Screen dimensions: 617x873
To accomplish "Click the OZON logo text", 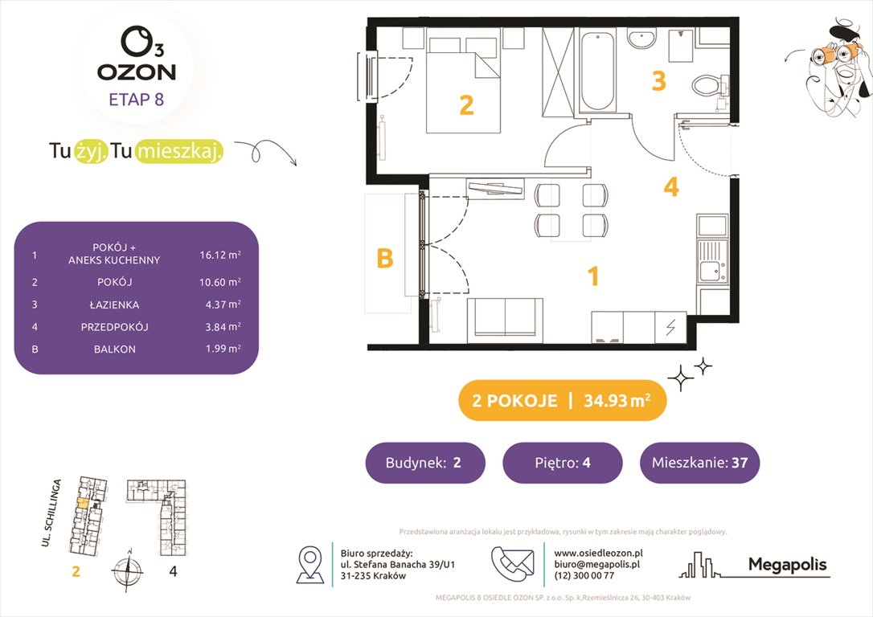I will point(136,72).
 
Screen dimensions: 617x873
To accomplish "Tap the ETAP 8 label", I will point(136,100).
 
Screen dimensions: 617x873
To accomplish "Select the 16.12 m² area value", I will point(220,256).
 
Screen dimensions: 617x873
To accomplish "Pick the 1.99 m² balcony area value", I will point(220,349).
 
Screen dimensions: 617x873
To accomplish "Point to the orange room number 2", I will point(466,105).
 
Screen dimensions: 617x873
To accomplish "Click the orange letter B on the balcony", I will point(385,259).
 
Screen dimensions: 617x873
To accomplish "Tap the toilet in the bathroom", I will point(707,83).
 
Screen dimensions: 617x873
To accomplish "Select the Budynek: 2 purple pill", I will point(424,463).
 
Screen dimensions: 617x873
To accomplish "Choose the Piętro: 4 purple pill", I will point(562,463).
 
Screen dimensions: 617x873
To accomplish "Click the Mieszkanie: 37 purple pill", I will point(699,463).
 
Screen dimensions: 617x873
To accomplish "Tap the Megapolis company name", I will point(787,565).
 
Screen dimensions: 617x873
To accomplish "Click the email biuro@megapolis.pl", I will point(596,565).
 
